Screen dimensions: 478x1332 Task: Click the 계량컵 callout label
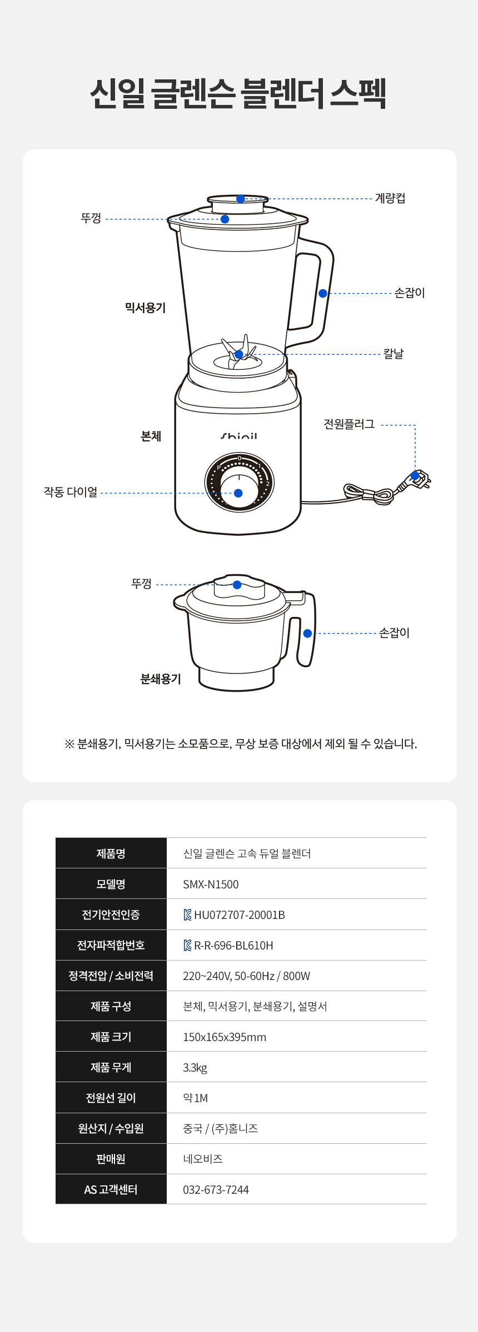tap(390, 198)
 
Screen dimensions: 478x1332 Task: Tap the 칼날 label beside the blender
tap(394, 354)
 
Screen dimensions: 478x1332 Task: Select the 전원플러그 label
tap(349, 424)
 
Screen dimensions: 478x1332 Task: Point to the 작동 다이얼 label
tap(71, 492)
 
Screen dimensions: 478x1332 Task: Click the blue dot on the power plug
tap(415, 476)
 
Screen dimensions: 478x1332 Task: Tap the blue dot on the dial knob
tap(238, 493)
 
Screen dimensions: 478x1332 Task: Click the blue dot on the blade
tap(238, 354)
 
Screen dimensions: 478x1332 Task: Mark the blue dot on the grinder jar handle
tap(307, 634)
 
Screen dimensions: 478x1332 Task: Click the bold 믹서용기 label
tap(145, 308)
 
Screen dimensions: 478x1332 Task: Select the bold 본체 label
tap(151, 436)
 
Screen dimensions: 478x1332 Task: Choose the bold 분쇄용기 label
tap(161, 679)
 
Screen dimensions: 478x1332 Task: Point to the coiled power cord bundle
tap(369, 492)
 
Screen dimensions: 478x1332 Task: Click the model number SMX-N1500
tap(211, 884)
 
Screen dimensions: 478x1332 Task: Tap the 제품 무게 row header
tap(111, 1067)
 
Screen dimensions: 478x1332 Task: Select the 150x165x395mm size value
tap(225, 1037)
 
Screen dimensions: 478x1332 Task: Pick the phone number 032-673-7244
tap(216, 1190)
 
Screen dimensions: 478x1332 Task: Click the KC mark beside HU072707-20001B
tap(188, 915)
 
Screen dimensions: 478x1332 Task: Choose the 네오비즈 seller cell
tap(203, 1159)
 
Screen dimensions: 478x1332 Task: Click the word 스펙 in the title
tap(358, 93)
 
